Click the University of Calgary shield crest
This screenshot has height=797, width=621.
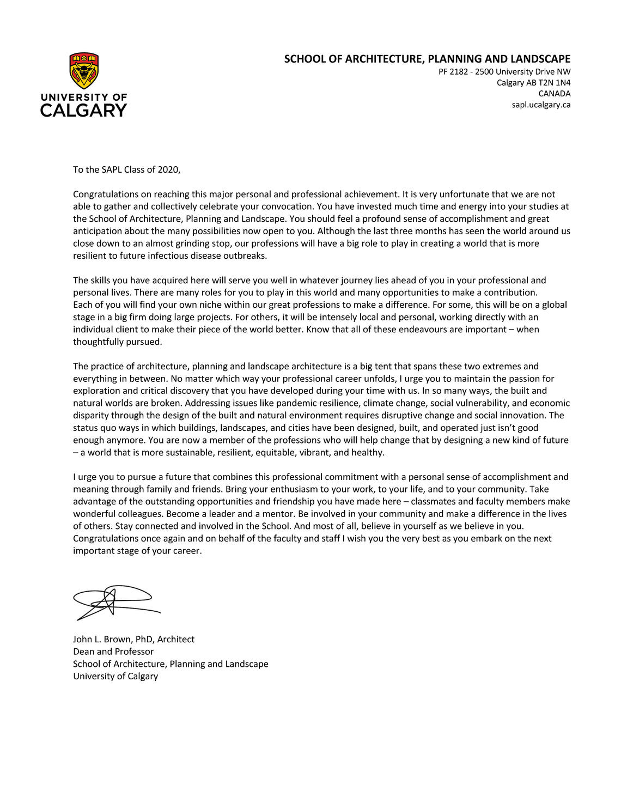tap(84, 71)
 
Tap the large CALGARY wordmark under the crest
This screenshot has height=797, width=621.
tap(83, 111)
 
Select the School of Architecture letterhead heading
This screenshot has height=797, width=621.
tap(427, 59)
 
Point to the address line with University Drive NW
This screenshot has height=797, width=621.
tap(504, 72)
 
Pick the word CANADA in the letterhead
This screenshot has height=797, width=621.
tap(554, 94)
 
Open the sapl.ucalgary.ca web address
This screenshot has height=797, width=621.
tap(541, 105)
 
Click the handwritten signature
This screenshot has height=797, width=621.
tap(115, 602)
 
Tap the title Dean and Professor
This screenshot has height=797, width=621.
tap(113, 652)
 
